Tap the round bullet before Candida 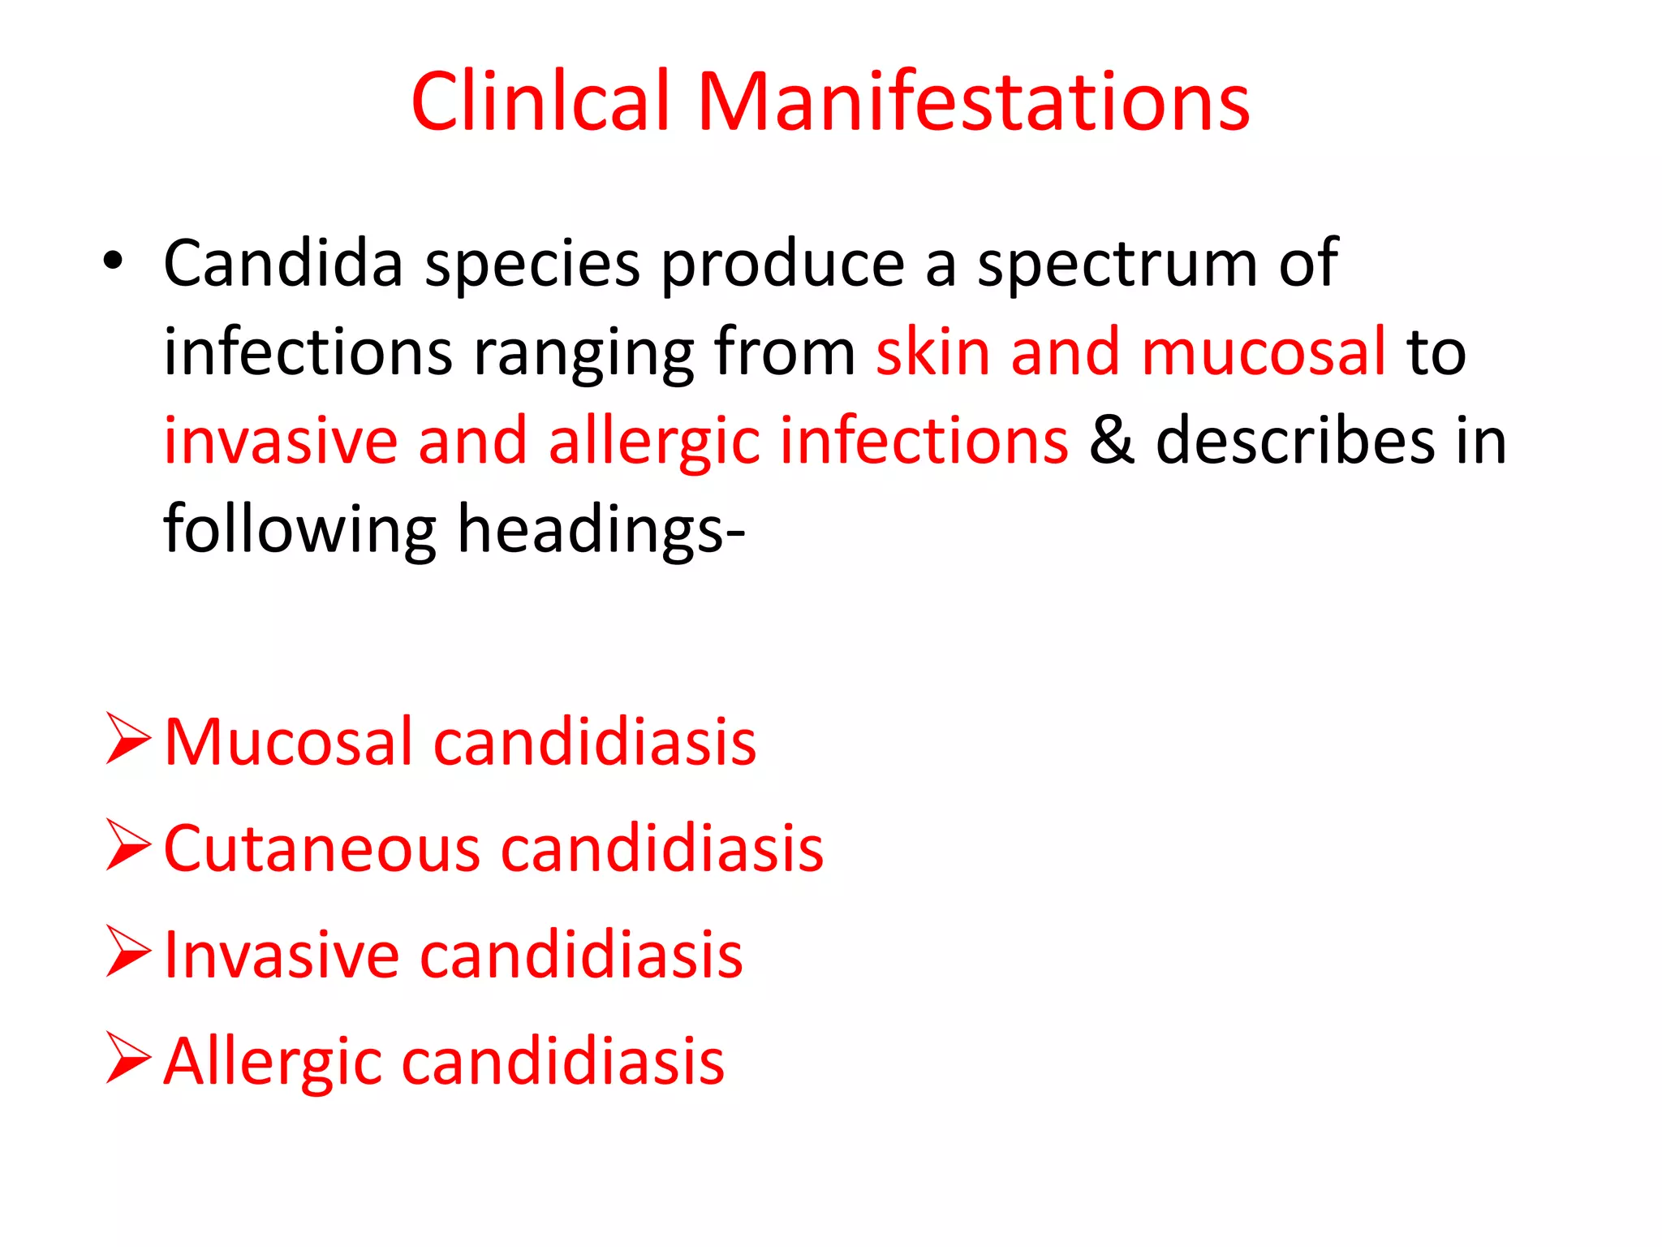pyautogui.click(x=113, y=261)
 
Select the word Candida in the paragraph pyautogui.click(x=283, y=263)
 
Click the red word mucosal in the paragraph pyautogui.click(x=1263, y=352)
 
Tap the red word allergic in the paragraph pyautogui.click(x=654, y=442)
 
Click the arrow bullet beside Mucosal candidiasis pyautogui.click(x=128, y=739)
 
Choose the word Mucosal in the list pyautogui.click(x=289, y=742)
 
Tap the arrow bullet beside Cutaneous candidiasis pyautogui.click(x=128, y=845)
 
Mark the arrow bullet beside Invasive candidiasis pyautogui.click(x=128, y=951)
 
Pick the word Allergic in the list pyautogui.click(x=273, y=1063)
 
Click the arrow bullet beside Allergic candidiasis pyautogui.click(x=128, y=1059)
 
